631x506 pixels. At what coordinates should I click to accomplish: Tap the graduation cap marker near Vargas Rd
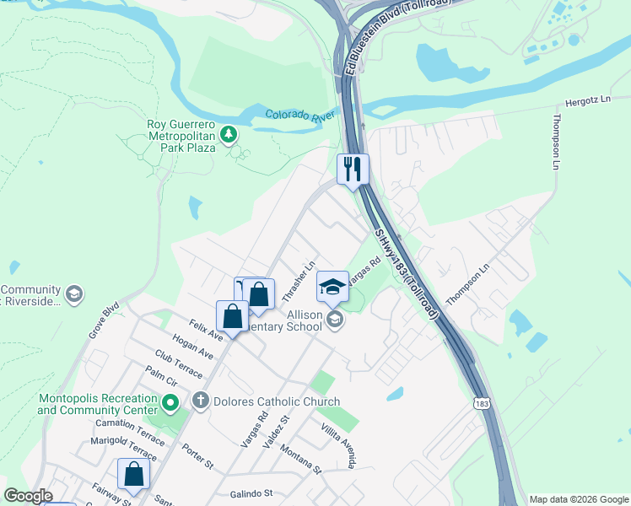point(332,287)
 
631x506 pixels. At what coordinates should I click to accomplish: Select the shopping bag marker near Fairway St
point(133,475)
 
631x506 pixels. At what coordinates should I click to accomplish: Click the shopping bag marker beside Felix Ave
point(233,316)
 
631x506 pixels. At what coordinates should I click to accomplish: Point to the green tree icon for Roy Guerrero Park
point(228,134)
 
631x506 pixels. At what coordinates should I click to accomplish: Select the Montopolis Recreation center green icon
point(170,403)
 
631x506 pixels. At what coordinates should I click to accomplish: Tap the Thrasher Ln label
point(299,282)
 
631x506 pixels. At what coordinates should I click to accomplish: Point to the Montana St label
point(301,460)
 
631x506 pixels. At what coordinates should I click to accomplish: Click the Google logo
point(29,496)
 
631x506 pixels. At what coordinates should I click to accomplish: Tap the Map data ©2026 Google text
point(579,499)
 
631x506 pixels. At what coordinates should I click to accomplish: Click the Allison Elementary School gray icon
point(335,319)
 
